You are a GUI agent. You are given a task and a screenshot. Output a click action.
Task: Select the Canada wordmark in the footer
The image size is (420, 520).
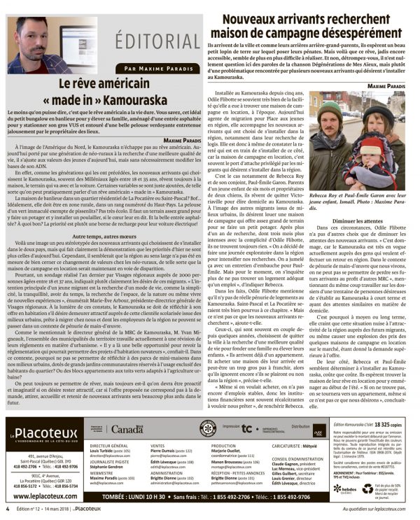(x=127, y=428)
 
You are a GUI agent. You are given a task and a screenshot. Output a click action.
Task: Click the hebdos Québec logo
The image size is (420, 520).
(x=346, y=489)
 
